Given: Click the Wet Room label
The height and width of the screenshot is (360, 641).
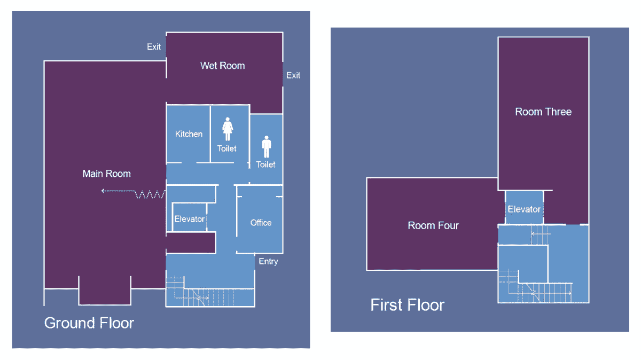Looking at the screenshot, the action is click(x=222, y=66).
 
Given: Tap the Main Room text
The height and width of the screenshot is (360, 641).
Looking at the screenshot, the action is click(x=106, y=174).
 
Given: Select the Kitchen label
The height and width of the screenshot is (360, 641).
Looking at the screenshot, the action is click(x=189, y=134).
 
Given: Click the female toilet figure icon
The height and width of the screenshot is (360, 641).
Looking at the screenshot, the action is click(x=228, y=129).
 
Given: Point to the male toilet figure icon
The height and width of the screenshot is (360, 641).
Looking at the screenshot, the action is click(x=267, y=146).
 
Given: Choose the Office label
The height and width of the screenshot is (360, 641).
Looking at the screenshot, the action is click(x=261, y=222).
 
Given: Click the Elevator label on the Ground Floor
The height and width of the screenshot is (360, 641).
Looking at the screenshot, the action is click(x=189, y=219).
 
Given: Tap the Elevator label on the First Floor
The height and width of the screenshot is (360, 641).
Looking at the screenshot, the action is click(x=524, y=209).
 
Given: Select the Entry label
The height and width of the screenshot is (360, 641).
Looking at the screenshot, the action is click(x=268, y=261).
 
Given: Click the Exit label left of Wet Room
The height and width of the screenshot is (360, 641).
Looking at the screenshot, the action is click(x=154, y=46).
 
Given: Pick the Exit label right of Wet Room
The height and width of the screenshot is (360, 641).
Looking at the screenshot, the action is click(x=293, y=75).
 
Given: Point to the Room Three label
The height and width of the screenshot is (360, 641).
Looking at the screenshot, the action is click(x=543, y=112).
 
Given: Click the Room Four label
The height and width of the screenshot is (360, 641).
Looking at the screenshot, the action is click(x=433, y=225).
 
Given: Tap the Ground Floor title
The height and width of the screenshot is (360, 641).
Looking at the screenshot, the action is click(x=89, y=323).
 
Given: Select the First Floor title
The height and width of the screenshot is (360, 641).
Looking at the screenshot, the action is click(x=407, y=305).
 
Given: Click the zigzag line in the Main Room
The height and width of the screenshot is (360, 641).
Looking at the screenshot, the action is click(x=150, y=194).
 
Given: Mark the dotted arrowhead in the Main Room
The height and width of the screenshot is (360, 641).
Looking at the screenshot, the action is click(x=103, y=191).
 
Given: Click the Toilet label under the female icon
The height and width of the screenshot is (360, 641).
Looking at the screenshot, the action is click(x=226, y=148).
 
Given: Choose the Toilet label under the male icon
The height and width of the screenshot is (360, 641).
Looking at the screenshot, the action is click(x=265, y=165).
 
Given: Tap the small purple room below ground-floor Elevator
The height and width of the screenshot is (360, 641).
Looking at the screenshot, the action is click(x=191, y=242).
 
